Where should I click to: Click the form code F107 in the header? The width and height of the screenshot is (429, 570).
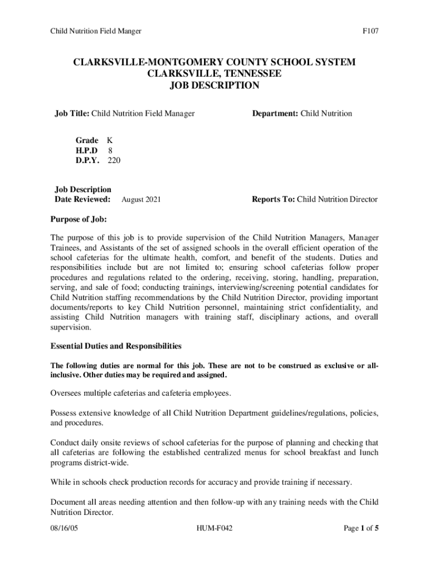coord(370,31)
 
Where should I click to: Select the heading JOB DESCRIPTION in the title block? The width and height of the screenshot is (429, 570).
coord(214,86)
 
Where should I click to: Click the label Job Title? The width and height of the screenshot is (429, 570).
coord(72,114)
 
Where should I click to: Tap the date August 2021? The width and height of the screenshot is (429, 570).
coord(141,199)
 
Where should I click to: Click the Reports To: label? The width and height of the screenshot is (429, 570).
coord(274,199)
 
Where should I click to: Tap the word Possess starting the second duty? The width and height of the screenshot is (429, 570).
coord(66,413)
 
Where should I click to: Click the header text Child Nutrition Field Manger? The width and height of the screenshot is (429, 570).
coord(95,31)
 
